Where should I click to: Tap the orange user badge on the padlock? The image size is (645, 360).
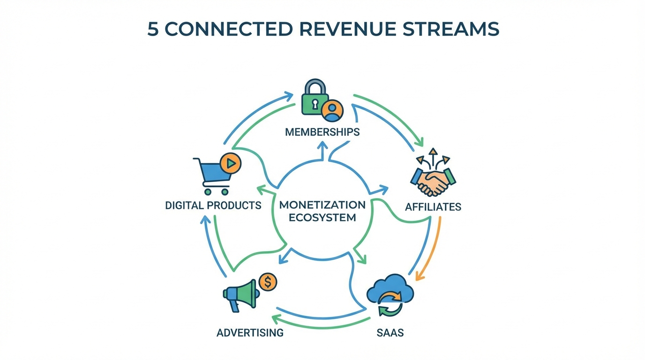tap(333, 110)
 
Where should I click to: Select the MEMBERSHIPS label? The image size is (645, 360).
tap(322, 132)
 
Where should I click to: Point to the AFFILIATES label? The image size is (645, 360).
tap(433, 207)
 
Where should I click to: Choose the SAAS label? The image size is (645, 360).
tap(390, 333)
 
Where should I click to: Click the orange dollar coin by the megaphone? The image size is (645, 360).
tap(268, 283)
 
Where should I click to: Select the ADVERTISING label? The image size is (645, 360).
tap(250, 333)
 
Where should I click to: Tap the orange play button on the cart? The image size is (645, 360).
tap(231, 163)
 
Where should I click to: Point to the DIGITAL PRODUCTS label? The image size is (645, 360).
tap(213, 205)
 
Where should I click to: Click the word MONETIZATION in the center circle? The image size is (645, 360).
tap(322, 205)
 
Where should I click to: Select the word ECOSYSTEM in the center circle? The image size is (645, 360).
tap(322, 217)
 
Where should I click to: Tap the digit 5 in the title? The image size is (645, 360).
tap(153, 29)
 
